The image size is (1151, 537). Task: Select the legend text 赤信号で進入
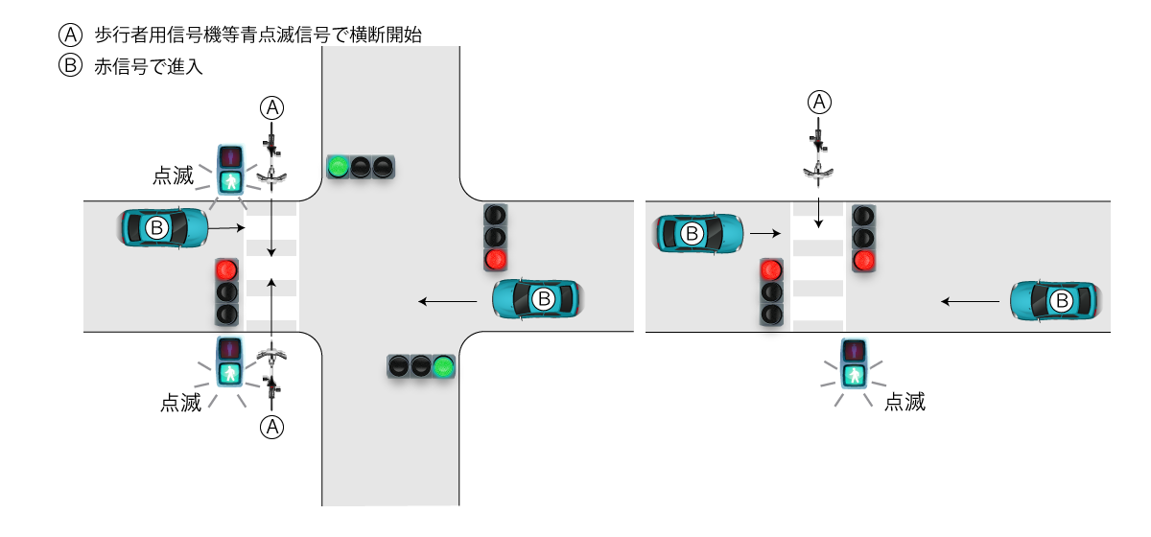pos(149,67)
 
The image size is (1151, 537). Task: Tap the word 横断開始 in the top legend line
pos(390,35)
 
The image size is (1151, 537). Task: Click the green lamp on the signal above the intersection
pos(338,167)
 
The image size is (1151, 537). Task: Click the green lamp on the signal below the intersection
pos(442,365)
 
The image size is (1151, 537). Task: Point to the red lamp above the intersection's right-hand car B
pos(495,258)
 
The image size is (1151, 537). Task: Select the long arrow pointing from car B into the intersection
pos(448,302)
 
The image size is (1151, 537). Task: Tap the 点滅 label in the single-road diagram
pos(904,402)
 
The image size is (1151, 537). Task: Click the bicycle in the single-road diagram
pos(818,153)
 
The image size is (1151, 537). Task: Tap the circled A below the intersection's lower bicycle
pos(273,427)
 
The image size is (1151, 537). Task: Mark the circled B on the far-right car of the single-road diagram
pos(1062,301)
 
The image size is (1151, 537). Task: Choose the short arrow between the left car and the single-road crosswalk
pos(763,232)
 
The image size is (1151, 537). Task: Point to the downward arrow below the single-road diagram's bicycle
pos(818,212)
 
